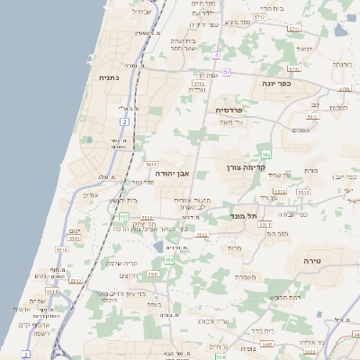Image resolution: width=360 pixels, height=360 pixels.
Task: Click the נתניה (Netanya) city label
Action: [110, 78]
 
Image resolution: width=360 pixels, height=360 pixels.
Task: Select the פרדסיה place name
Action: [235, 110]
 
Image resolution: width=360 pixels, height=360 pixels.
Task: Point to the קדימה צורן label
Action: [246, 167]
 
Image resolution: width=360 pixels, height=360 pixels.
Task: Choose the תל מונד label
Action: [245, 216]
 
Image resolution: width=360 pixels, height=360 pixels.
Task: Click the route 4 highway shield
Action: [217, 55]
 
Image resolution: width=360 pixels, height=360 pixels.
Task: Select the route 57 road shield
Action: [227, 71]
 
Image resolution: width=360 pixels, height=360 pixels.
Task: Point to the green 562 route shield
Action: [265, 155]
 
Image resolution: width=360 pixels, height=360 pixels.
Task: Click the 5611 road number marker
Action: [150, 164]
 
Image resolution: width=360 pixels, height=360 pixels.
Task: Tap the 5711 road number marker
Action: [258, 17]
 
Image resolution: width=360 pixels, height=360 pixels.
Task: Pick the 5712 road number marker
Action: [199, 83]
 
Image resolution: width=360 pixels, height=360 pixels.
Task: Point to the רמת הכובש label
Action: [283, 296]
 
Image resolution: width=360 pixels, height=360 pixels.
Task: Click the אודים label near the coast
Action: [90, 194]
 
